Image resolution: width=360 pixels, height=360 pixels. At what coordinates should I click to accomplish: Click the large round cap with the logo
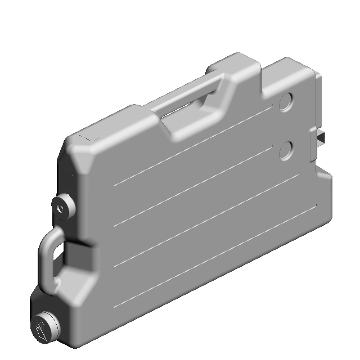[44, 327]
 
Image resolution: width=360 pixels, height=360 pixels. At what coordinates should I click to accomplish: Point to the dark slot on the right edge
[322, 137]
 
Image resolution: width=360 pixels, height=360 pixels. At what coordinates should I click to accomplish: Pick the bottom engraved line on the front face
[214, 259]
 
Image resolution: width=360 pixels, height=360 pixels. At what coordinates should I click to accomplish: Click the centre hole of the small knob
[60, 207]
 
